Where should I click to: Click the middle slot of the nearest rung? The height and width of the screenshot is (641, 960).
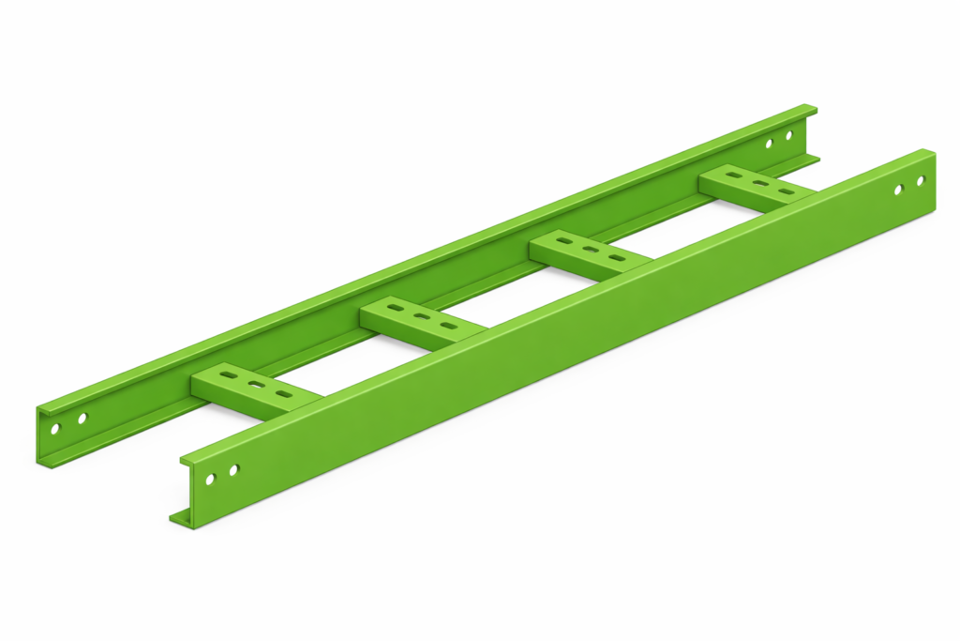pos(254,384)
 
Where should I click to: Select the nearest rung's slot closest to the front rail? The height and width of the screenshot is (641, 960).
pos(282,393)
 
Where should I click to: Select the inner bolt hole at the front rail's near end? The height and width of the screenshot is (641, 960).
pos(233,469)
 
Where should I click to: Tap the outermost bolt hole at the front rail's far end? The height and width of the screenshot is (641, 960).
pos(921,180)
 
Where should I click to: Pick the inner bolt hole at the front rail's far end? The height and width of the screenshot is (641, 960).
pos(898,190)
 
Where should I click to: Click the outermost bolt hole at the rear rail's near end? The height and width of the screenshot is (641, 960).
pos(55,429)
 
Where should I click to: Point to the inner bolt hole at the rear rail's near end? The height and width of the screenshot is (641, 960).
pos(82,419)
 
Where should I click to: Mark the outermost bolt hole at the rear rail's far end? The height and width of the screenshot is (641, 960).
pos(788,135)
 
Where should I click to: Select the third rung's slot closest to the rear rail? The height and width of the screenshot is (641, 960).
pos(564,241)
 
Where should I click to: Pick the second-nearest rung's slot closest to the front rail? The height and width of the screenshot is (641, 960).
pos(450,327)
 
